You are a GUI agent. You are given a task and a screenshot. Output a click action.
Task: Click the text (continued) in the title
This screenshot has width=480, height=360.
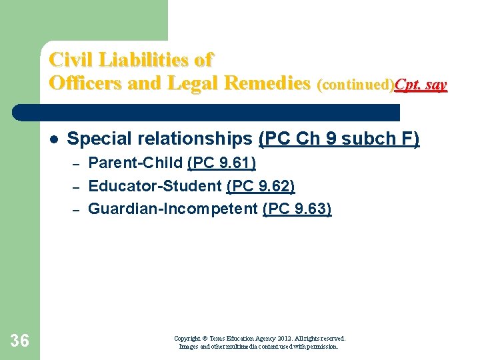(355, 85)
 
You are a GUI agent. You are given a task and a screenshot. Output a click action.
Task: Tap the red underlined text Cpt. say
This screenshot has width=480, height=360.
(421, 85)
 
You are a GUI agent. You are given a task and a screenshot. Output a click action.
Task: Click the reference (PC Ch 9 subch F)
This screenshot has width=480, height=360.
(339, 139)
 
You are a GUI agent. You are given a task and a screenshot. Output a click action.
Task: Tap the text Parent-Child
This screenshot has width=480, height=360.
(135, 163)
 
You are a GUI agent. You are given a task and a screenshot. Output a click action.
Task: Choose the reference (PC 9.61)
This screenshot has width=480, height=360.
(221, 163)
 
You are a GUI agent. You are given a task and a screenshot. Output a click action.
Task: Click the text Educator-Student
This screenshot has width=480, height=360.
(155, 186)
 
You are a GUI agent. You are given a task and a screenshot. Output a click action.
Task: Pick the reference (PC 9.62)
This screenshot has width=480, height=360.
(261, 186)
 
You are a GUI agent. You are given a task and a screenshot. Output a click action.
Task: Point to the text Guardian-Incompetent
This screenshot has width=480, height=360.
(173, 209)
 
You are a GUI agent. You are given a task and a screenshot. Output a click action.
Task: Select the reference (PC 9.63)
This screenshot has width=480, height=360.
(297, 209)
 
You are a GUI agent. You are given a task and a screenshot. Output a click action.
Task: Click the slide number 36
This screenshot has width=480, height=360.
(20, 341)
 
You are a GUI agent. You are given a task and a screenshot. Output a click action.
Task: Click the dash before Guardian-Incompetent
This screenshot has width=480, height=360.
(77, 210)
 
